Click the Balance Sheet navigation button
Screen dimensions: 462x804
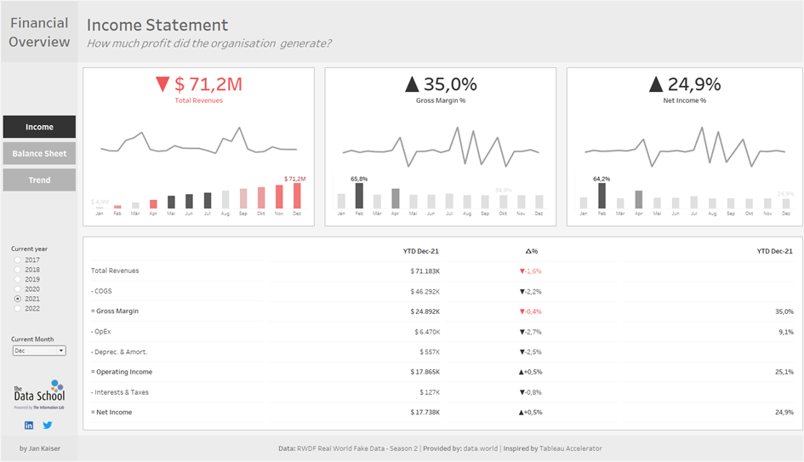coord(39,153)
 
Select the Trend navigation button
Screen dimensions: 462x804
coord(39,180)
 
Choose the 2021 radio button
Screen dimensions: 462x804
coord(18,299)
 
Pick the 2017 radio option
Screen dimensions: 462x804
coord(18,260)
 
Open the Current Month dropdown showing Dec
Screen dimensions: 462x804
coord(39,351)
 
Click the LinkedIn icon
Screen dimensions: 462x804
coord(29,425)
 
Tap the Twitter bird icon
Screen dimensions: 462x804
coord(48,425)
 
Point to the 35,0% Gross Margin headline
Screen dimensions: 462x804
coord(440,84)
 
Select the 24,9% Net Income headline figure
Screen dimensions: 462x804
coord(683,84)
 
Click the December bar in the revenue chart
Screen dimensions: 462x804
coord(297,196)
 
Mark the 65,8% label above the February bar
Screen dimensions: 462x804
coord(359,179)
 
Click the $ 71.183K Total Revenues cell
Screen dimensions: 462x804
coord(425,271)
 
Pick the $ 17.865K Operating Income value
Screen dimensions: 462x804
coord(425,372)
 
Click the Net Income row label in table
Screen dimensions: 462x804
coord(115,412)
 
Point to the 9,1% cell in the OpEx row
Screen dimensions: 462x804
coord(784,332)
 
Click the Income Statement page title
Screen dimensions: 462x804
coord(157,26)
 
